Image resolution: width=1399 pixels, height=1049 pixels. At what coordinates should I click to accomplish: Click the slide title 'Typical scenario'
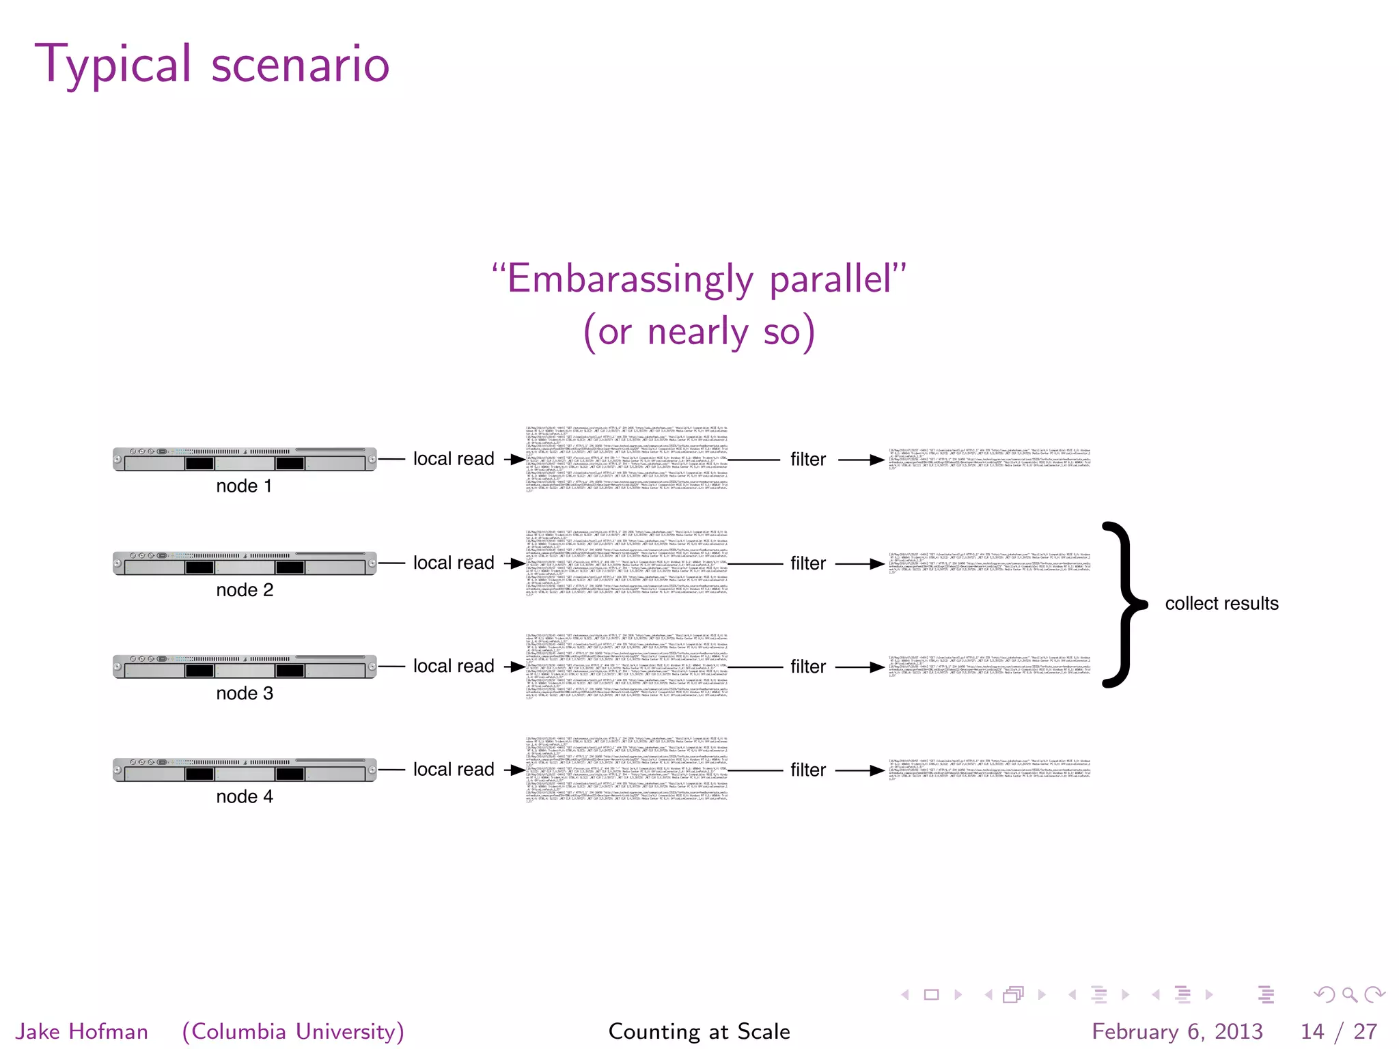point(212,64)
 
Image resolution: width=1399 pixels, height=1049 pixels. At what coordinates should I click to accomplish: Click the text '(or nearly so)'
point(699,332)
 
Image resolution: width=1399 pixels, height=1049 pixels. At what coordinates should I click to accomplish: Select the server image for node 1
point(245,460)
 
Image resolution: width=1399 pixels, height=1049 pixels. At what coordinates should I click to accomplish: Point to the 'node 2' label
point(245,590)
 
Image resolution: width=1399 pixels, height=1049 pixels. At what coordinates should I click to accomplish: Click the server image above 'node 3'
point(245,667)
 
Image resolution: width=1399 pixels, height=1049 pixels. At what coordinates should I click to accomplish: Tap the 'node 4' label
point(245,797)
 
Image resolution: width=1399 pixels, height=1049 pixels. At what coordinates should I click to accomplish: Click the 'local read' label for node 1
point(454,459)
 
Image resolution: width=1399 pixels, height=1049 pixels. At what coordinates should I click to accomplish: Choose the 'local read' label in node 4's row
point(454,770)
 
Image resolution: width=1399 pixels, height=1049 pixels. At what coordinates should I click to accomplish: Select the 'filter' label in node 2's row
point(808,563)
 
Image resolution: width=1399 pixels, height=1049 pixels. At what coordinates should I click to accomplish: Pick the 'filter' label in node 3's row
point(808,667)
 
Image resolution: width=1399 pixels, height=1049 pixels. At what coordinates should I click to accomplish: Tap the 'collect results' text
point(1221,604)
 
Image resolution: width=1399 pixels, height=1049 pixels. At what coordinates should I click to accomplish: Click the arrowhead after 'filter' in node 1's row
point(878,460)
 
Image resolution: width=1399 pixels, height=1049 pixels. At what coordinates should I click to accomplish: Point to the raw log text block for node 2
point(626,563)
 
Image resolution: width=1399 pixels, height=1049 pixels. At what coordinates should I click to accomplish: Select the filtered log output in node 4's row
point(989,770)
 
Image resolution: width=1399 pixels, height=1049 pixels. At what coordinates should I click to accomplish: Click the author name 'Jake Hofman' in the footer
point(82,1031)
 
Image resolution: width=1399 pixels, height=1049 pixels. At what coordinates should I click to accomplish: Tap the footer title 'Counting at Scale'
point(699,1031)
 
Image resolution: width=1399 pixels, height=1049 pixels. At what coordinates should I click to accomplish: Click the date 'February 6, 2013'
point(1177,1031)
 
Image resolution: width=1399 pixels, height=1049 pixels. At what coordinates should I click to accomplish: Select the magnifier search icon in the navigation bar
point(1349,995)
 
